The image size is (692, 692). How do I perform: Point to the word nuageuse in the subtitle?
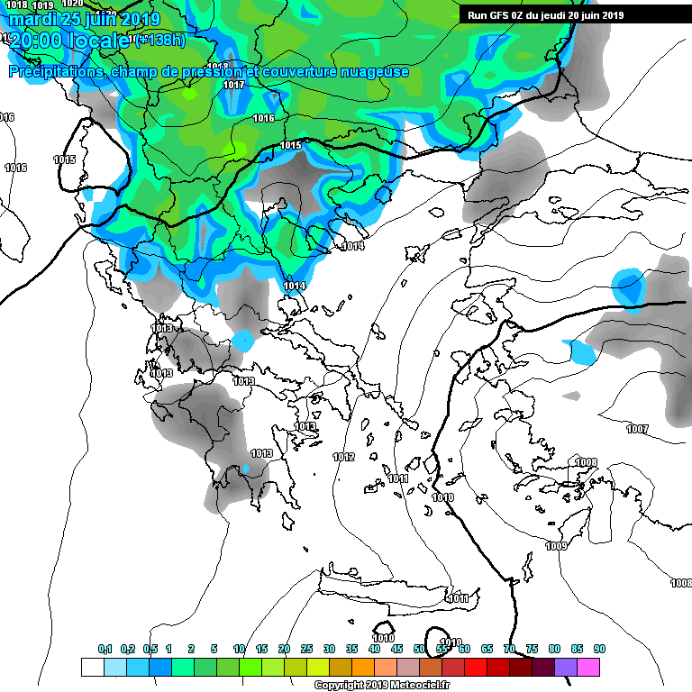tap(373, 72)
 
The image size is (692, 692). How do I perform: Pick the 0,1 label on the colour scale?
tap(105, 650)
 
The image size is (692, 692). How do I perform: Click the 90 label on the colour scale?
tap(599, 650)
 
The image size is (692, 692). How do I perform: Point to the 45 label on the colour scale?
tap(396, 650)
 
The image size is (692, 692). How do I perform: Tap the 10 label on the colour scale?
tap(239, 650)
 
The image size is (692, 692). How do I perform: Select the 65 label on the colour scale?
tap(487, 650)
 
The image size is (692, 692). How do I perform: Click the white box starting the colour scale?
tap(92, 667)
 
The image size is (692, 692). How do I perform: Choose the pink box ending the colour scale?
tap(588, 667)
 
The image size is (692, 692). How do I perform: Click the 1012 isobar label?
tap(343, 457)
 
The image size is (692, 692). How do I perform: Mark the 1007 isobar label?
tap(637, 429)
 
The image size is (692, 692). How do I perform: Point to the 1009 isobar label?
tap(556, 546)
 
